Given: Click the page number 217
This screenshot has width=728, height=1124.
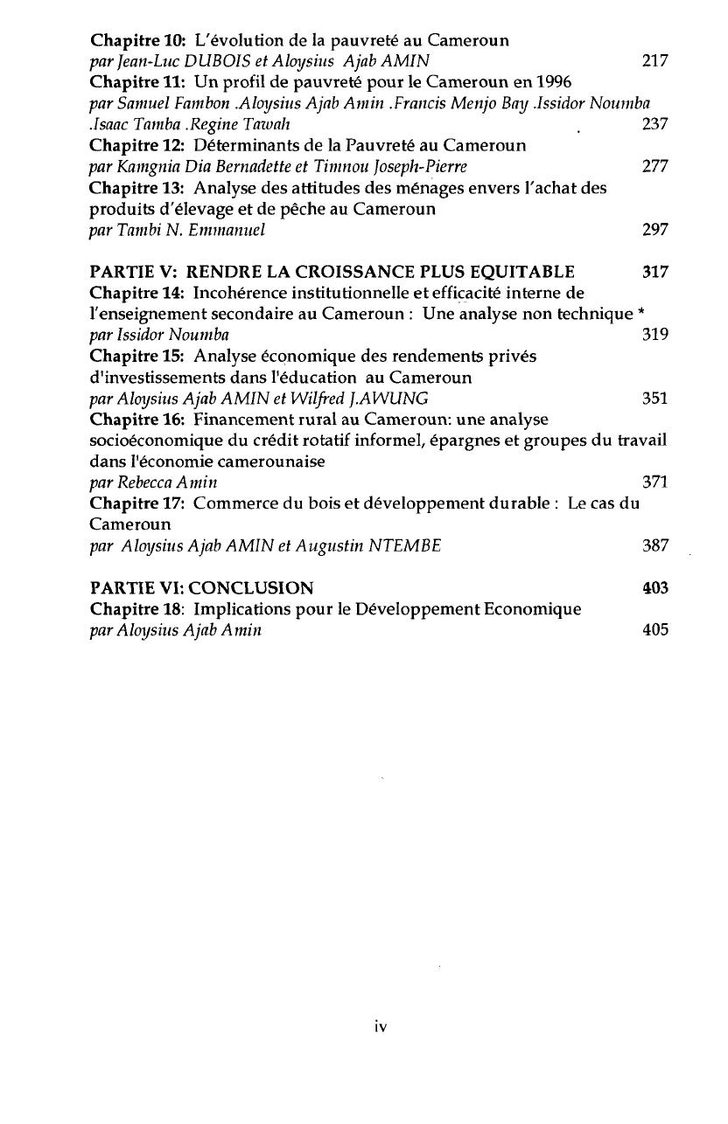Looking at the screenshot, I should tap(654, 61).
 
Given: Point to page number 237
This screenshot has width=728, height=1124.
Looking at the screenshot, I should tap(654, 124).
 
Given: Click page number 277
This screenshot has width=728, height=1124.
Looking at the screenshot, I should tap(654, 166).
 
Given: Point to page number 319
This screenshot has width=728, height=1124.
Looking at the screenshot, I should tap(654, 335).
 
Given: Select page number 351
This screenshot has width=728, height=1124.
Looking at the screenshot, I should tap(654, 399).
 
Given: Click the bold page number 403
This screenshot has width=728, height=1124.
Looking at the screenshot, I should tap(654, 588).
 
